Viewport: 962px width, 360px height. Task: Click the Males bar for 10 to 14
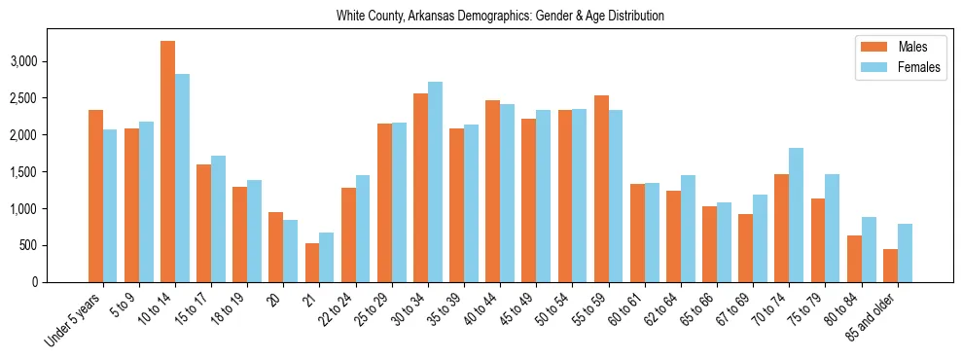click(x=167, y=162)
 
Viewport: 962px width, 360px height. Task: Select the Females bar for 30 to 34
click(x=435, y=182)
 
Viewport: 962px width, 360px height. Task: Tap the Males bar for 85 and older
click(x=889, y=266)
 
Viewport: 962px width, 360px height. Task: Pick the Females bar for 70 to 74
click(x=796, y=215)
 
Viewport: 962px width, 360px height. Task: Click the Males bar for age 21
click(x=312, y=263)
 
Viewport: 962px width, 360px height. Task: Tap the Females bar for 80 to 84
click(x=868, y=249)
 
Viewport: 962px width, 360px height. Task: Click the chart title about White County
click(x=500, y=17)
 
